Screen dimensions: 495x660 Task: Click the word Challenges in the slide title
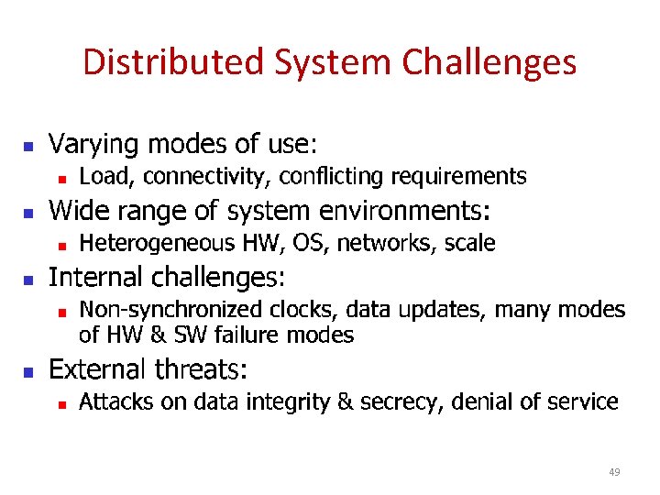[489, 62]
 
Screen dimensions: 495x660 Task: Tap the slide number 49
[614, 472]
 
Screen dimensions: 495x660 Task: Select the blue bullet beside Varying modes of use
[28, 147]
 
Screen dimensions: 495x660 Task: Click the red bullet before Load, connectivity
[60, 178]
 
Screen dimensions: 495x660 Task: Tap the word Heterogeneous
[157, 243]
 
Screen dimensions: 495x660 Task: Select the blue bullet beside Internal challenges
[28, 280]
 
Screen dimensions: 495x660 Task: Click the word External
[96, 369]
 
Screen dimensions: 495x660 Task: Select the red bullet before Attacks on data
[60, 403]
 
